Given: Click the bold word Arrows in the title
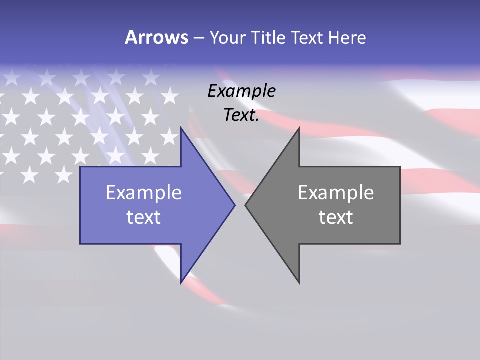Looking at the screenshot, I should [156, 37].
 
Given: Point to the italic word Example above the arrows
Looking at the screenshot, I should [242, 91].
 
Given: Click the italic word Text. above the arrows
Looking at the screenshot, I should [242, 115].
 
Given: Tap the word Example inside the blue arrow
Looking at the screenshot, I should [144, 193].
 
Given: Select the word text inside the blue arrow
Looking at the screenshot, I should [144, 217].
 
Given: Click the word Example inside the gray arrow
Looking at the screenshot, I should [336, 193].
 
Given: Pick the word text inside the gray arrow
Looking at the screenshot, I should [336, 217].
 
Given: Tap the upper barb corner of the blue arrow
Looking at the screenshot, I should [181, 128].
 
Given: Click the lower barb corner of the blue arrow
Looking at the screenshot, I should [181, 283].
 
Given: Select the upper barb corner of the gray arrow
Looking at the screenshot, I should [299, 128].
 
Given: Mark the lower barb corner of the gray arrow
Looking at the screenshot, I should [299, 283].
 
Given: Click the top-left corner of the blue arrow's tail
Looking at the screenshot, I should [80, 167].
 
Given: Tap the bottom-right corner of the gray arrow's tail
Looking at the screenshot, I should [400, 244].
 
